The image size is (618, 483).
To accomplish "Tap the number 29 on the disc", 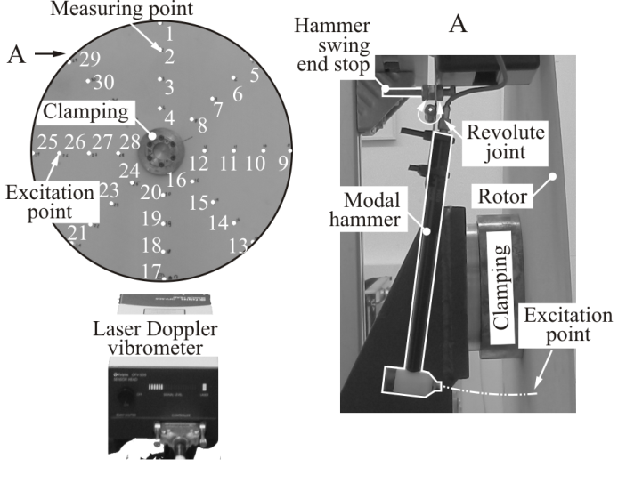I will point(89,60).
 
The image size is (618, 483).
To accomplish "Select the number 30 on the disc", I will point(104,82).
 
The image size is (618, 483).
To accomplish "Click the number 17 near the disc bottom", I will point(151,270).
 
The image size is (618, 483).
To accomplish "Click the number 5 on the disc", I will point(255,76).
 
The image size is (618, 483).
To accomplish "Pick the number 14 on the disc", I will point(218,222).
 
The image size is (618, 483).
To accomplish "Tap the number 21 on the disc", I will point(77,233).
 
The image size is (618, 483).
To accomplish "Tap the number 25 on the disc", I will point(49,142).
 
